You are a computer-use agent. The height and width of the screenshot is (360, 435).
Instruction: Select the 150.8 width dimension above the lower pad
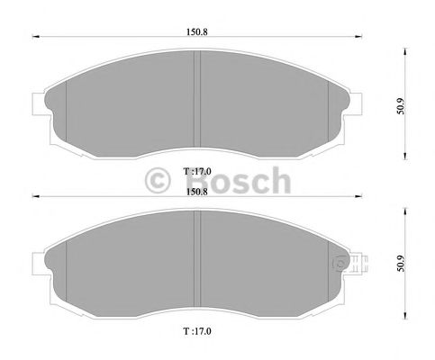195,191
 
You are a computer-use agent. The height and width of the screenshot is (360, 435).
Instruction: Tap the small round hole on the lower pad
340,265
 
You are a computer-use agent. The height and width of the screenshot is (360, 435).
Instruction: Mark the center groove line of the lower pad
195,261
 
